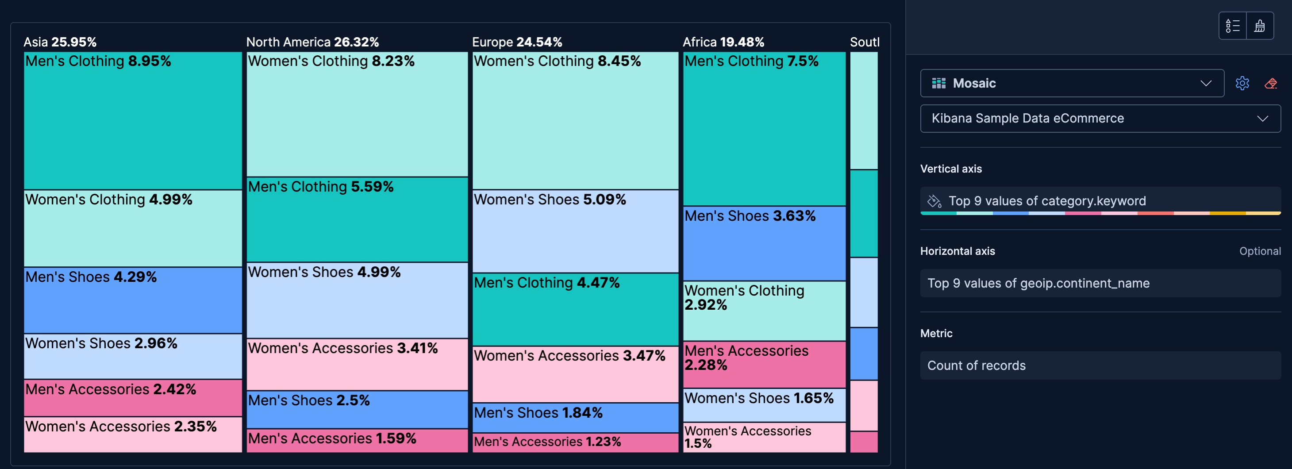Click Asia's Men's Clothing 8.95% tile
[x=133, y=120]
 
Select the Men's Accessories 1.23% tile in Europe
[x=575, y=442]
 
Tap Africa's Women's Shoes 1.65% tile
[x=764, y=405]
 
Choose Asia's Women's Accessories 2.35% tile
[x=133, y=434]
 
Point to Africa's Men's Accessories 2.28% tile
[x=764, y=365]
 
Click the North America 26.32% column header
[x=312, y=42]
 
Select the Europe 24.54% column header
[x=517, y=42]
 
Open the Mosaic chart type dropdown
[x=1071, y=83]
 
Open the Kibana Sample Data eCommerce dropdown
[x=1100, y=119]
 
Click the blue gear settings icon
[x=1242, y=83]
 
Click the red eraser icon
[x=1270, y=83]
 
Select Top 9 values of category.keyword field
[x=1100, y=200]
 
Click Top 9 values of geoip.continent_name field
[x=1100, y=284]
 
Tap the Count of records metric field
[x=1100, y=365]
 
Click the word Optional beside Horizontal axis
[x=1259, y=251]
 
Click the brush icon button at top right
[x=1259, y=26]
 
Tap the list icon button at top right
[x=1232, y=26]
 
